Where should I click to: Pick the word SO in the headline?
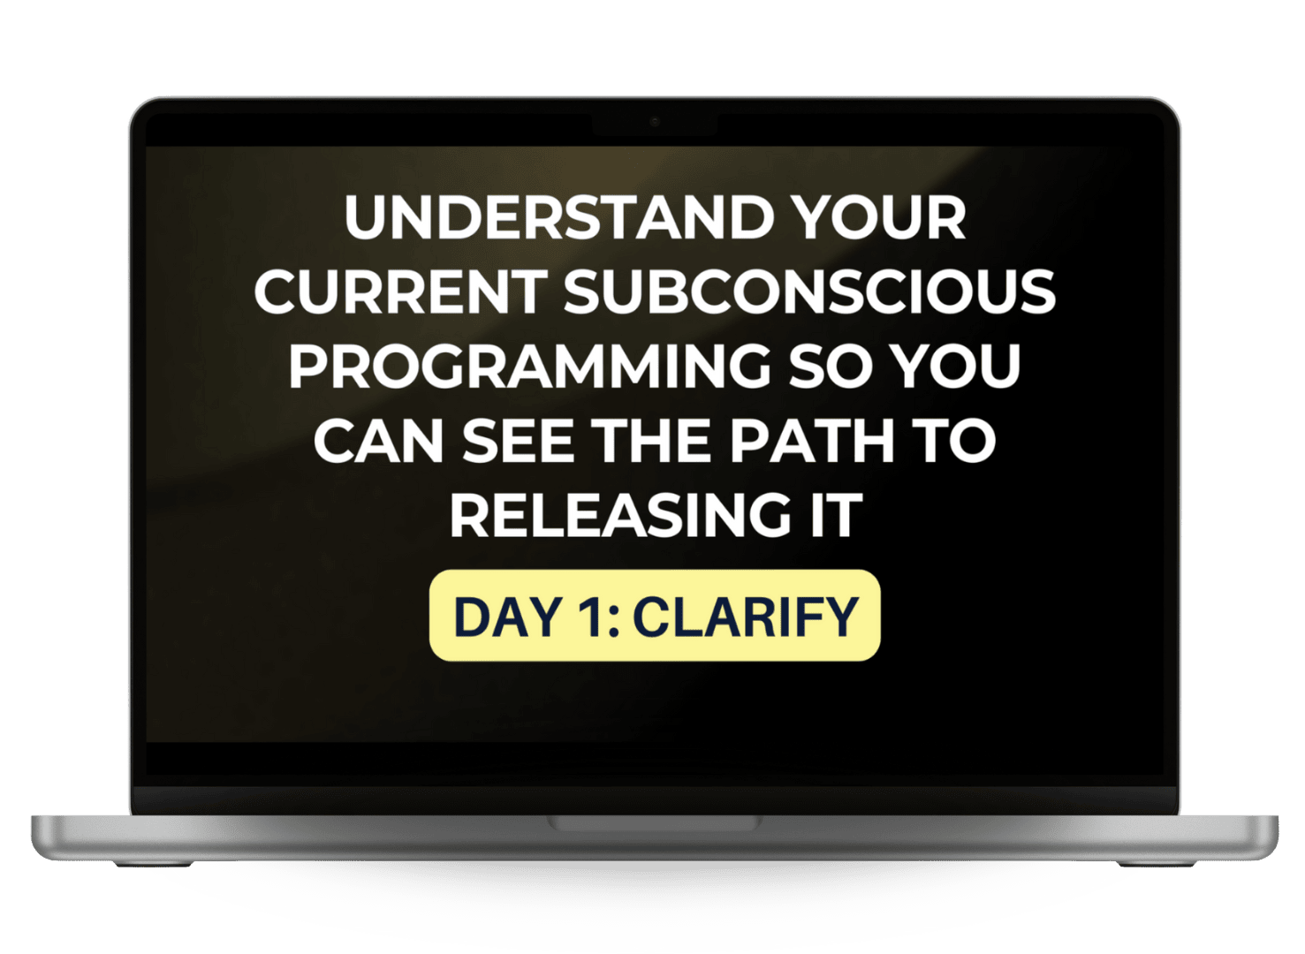pyautogui.click(x=830, y=366)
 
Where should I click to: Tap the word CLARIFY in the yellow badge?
pyautogui.click(x=746, y=617)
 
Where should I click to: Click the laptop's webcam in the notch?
pyautogui.click(x=655, y=122)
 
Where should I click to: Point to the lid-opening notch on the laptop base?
pyautogui.click(x=655, y=823)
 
